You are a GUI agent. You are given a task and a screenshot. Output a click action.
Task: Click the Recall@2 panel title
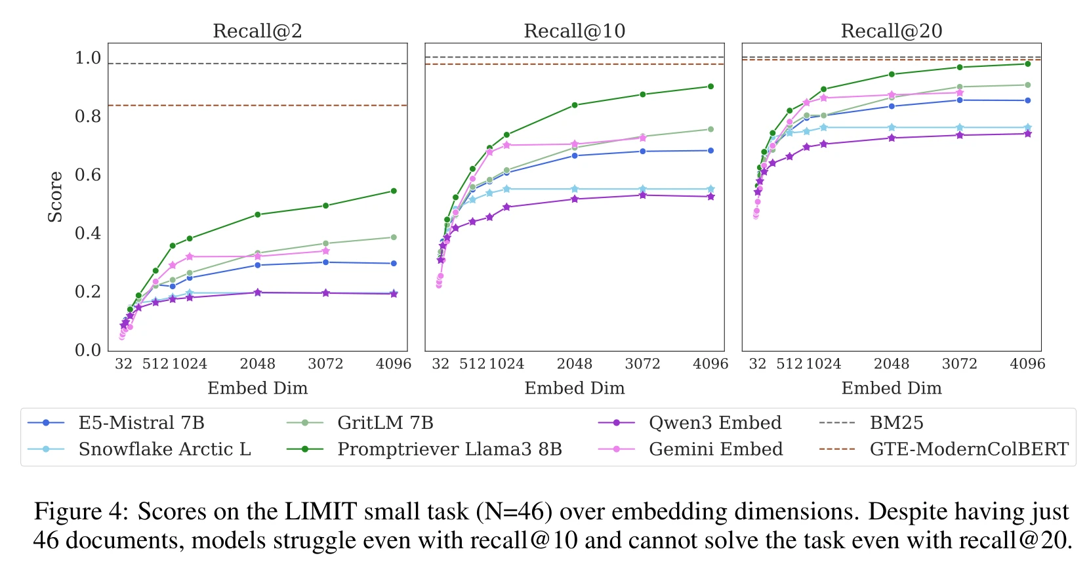[257, 31]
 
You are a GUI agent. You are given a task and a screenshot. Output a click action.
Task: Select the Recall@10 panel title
[574, 31]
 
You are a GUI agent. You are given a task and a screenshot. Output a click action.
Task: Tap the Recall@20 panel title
[891, 31]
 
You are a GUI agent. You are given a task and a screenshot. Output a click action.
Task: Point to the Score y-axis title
[55, 197]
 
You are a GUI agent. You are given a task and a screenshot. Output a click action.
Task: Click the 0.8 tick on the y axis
[88, 117]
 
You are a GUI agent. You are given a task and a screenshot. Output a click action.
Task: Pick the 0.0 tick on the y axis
[88, 350]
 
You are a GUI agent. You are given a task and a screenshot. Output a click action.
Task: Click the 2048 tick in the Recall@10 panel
[574, 364]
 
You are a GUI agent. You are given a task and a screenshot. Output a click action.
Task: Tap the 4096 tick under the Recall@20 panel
[1027, 364]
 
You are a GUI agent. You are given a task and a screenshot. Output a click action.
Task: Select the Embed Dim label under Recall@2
[257, 388]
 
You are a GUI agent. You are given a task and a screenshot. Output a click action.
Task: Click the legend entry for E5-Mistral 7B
[141, 423]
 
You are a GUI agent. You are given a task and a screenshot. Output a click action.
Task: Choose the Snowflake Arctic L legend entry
[164, 449]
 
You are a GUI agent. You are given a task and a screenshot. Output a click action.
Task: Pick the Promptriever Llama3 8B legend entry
[449, 449]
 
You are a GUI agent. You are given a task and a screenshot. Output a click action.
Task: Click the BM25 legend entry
[896, 423]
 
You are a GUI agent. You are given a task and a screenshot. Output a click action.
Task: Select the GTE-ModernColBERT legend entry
[968, 449]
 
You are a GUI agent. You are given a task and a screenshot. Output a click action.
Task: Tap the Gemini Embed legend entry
[715, 449]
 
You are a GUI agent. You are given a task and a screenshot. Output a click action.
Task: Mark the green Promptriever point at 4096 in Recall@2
[394, 191]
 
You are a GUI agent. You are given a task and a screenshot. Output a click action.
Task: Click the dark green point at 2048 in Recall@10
[575, 105]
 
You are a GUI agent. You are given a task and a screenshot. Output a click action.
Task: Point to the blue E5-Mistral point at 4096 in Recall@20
[1027, 100]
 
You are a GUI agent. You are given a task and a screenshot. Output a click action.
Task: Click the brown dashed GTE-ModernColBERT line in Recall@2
[262, 105]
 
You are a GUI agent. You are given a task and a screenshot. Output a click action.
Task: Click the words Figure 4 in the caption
[81, 511]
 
